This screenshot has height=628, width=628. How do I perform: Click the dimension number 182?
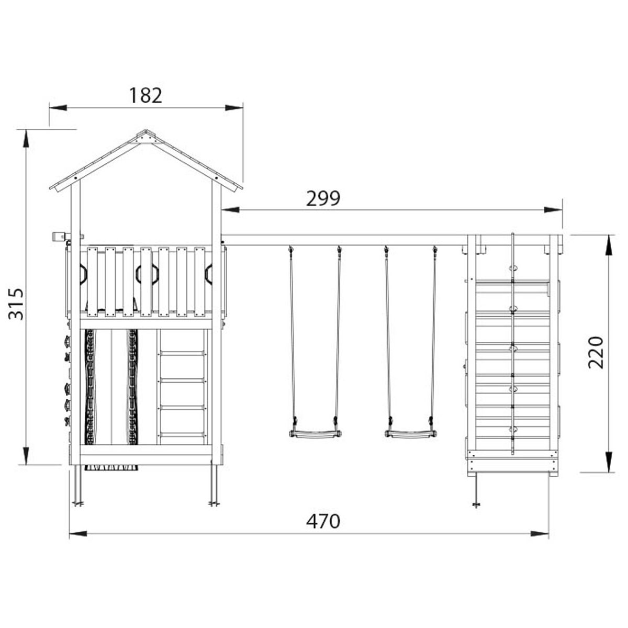coord(145,95)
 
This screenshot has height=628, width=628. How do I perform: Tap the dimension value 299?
coord(323,198)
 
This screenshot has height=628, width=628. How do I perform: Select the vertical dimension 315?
coord(16,304)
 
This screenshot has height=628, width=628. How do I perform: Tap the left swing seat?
coord(315,433)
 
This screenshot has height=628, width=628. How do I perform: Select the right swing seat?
coord(411,433)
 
